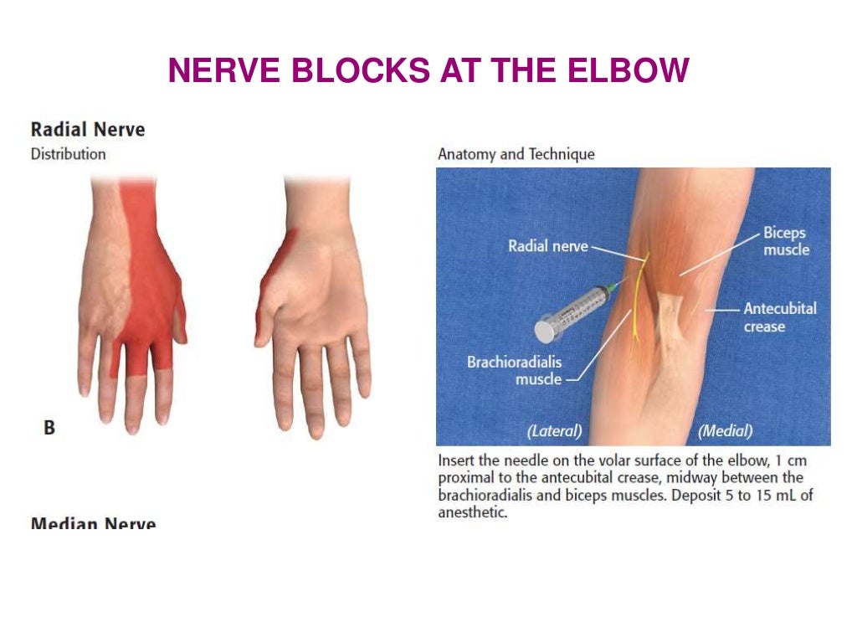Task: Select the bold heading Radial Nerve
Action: click(87, 130)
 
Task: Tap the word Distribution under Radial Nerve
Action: click(68, 154)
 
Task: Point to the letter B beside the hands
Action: click(49, 427)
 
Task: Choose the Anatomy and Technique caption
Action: click(516, 154)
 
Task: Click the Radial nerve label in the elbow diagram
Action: click(548, 246)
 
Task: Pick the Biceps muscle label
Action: click(785, 241)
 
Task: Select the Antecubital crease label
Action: click(779, 316)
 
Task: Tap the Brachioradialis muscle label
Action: click(514, 371)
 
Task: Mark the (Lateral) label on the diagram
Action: click(554, 431)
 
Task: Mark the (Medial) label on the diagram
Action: click(725, 431)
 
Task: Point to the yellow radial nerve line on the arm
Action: click(637, 301)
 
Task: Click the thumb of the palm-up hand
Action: click(266, 311)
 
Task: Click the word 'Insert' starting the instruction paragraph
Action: click(456, 460)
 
